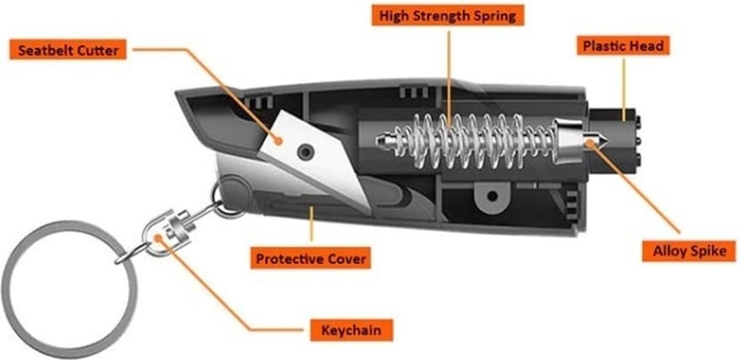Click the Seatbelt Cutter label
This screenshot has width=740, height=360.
coord(68,50)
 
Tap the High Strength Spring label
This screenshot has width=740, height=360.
coord(448,15)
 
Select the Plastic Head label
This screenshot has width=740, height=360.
coord(623,46)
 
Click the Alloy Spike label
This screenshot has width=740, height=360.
coord(689,252)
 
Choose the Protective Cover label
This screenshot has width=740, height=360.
coord(311,258)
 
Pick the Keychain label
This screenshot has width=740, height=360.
coord(351,330)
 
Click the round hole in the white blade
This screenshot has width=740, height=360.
coord(306,152)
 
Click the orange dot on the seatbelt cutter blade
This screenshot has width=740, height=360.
coord(279,141)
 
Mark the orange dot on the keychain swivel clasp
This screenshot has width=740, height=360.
coord(158,237)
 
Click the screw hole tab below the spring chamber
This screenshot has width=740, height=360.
coord(492,197)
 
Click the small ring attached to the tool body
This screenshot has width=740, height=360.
coord(214,195)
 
